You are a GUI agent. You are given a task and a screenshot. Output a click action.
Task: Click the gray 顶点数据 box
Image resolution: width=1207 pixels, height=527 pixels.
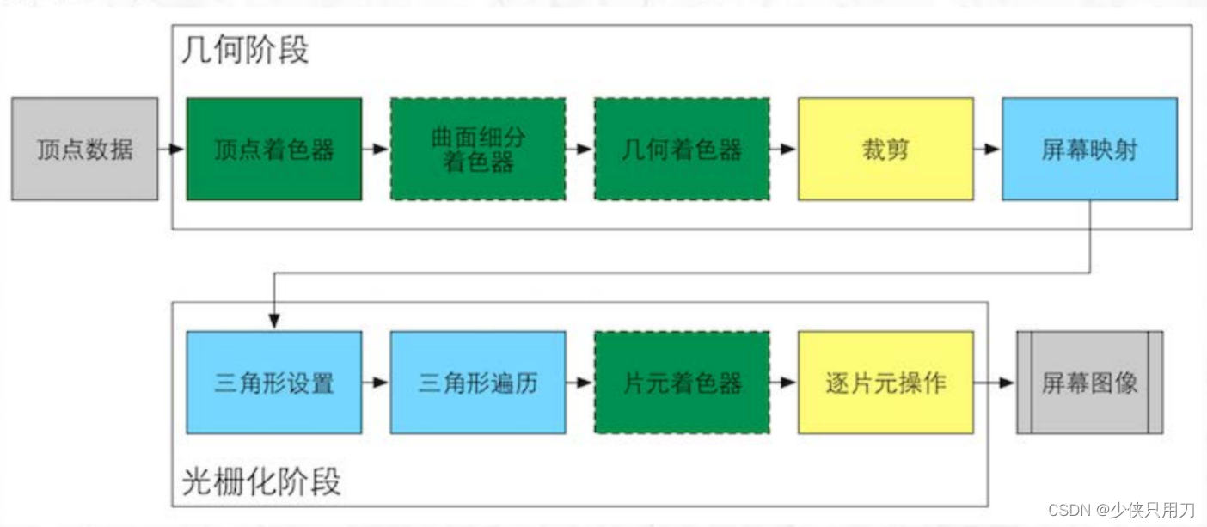[84, 149]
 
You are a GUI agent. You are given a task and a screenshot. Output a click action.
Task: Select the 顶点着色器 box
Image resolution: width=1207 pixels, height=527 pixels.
[273, 149]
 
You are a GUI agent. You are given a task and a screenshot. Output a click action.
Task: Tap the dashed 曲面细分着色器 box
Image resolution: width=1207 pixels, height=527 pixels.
[478, 149]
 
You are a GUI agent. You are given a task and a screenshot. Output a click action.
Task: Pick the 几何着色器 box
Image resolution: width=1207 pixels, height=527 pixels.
[682, 149]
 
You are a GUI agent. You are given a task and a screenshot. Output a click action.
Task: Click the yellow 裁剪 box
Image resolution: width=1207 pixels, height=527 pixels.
[885, 149]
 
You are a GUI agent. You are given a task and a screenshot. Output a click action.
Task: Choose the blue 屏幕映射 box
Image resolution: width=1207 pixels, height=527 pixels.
[1089, 149]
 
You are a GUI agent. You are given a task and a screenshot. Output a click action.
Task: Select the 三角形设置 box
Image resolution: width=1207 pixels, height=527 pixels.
[273, 382]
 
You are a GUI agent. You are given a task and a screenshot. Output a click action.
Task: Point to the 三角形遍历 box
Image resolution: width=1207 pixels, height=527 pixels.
[478, 382]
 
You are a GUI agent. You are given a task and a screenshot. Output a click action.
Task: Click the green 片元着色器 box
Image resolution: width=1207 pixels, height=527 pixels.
[682, 382]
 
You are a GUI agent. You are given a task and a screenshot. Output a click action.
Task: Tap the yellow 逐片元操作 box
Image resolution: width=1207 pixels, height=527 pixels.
[885, 382]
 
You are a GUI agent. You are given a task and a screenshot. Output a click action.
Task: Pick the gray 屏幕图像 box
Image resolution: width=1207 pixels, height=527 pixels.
[1089, 382]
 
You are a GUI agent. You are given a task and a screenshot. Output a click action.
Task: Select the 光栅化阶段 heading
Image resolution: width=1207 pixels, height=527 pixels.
[261, 481]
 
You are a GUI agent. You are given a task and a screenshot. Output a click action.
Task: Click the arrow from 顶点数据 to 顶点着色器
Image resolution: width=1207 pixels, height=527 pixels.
[172, 149]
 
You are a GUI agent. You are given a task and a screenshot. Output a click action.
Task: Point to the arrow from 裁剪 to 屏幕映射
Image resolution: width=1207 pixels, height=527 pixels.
[988, 149]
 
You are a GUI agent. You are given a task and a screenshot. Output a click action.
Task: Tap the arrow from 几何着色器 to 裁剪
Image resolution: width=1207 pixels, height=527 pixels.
[783, 149]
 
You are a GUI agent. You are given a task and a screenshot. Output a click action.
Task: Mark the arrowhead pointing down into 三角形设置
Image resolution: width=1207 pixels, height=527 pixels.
[273, 322]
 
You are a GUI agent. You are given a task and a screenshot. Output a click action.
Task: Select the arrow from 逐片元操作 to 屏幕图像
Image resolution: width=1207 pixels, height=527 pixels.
[995, 382]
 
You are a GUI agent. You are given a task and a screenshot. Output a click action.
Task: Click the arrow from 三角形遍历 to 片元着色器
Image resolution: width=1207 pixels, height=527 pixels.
[579, 382]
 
